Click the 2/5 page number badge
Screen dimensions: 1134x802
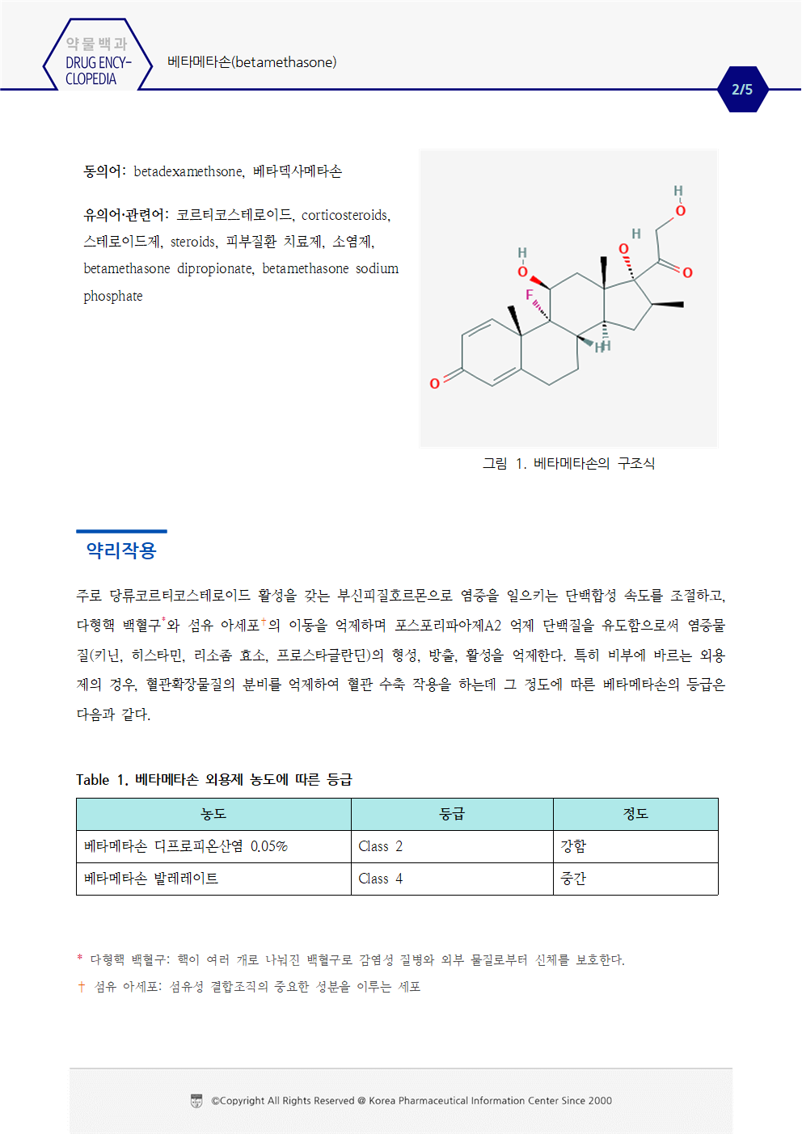pos(742,90)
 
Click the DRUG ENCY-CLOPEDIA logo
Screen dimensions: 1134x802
pos(97,62)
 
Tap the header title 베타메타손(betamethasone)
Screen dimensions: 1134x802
pos(251,62)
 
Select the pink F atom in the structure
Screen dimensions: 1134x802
pos(530,295)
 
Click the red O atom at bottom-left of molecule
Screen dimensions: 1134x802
pos(435,383)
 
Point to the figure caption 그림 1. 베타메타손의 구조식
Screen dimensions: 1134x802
pos(568,463)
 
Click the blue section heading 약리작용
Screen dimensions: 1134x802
pos(121,550)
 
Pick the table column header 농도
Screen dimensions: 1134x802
pos(213,814)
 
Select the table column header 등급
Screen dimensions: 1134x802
pos(452,814)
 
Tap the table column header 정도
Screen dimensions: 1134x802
pos(635,814)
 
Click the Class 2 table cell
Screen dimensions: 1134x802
pos(380,846)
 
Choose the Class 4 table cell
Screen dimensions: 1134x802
pos(380,879)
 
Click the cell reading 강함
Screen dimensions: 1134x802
pos(573,846)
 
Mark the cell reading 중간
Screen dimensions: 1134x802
pos(573,879)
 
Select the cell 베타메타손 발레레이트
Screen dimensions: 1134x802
pos(151,879)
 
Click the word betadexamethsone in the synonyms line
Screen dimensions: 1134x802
pos(188,171)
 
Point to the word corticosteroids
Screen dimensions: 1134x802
pos(345,215)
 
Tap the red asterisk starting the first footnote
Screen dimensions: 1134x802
pos(80,959)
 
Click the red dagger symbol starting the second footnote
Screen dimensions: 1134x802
pos(81,987)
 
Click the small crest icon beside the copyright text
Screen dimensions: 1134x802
pos(196,1101)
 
